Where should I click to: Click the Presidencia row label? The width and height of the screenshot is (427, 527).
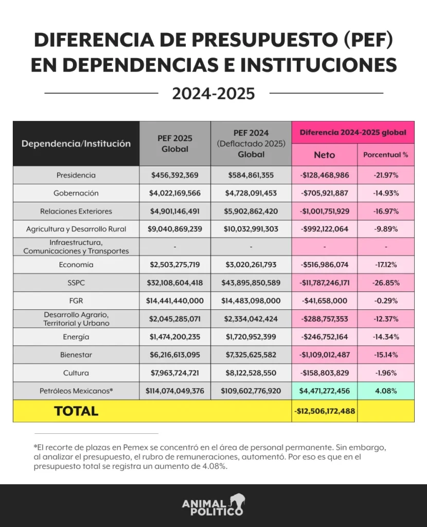[76, 175]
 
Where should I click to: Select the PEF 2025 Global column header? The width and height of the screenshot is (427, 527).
[175, 144]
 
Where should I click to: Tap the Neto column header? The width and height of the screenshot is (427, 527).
[324, 155]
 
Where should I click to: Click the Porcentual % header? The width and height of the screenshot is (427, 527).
[386, 154]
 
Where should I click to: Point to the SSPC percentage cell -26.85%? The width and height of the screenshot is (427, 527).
[386, 283]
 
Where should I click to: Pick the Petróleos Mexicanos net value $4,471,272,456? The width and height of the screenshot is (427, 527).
[324, 391]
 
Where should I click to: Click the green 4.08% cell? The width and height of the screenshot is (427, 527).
[386, 391]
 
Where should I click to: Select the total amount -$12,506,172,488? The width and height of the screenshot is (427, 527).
[325, 411]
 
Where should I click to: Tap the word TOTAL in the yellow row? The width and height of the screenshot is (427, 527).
[76, 411]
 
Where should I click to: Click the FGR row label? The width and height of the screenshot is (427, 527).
[76, 301]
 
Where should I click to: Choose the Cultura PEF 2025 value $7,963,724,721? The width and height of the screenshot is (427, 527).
[175, 373]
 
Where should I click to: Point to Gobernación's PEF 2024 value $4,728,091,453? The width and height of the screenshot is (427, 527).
[251, 194]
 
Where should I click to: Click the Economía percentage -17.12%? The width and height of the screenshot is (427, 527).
[386, 265]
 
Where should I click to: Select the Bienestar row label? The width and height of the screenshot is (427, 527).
[76, 355]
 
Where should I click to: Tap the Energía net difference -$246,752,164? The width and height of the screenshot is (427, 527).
[324, 337]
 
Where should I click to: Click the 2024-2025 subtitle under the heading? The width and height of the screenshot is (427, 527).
[213, 94]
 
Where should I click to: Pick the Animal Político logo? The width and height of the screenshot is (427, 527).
[213, 505]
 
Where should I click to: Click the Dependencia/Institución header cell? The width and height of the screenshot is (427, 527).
[76, 144]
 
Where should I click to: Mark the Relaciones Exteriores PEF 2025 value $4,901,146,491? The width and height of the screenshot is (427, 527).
[175, 212]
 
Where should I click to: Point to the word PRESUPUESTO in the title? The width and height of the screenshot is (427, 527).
[265, 40]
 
